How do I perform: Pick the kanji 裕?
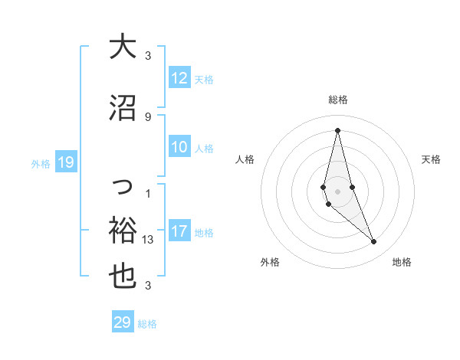coord(123,230)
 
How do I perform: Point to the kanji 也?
coord(123,278)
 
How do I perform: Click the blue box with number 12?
coord(179,78)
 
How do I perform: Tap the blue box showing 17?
coord(179,231)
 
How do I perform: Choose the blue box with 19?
coord(65,162)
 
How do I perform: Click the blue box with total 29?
coord(123,322)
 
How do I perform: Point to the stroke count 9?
coord(148,116)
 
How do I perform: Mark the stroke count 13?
coord(148,239)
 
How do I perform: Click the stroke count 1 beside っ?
coord(148,193)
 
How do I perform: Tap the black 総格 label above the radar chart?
coord(338,100)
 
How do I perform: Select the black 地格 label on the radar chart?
coord(402,262)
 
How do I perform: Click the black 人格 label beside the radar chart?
coord(245,159)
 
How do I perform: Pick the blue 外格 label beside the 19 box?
coord(40,163)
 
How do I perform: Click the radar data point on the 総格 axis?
coord(337,130)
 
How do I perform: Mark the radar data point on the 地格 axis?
coord(374,242)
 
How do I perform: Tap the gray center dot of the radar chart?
coord(337,191)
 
